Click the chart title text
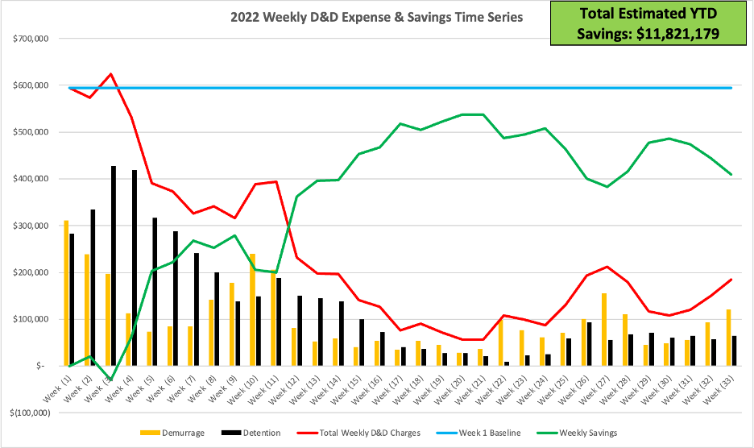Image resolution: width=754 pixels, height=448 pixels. (x=376, y=17)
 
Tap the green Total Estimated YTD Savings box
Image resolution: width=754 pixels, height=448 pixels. (x=648, y=23)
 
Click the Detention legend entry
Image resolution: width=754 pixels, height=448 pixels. (x=251, y=433)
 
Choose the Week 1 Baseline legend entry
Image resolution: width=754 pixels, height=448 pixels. (x=478, y=433)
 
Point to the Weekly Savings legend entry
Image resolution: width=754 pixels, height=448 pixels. (x=577, y=433)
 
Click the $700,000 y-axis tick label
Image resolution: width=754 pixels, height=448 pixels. (x=31, y=39)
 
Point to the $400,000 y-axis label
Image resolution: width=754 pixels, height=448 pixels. (x=31, y=179)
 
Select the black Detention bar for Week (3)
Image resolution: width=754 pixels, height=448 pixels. (x=114, y=266)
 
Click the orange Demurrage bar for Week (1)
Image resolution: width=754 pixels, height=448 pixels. (x=66, y=293)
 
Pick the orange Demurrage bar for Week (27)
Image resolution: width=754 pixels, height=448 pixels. (x=604, y=330)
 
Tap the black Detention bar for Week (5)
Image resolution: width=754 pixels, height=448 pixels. (x=155, y=292)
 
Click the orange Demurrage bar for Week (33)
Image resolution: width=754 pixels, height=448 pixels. (x=728, y=338)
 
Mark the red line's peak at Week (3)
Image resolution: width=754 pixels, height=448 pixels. (x=111, y=73)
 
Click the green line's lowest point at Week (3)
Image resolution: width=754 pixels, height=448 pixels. (x=111, y=380)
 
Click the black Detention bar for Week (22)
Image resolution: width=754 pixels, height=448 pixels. (x=507, y=363)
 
